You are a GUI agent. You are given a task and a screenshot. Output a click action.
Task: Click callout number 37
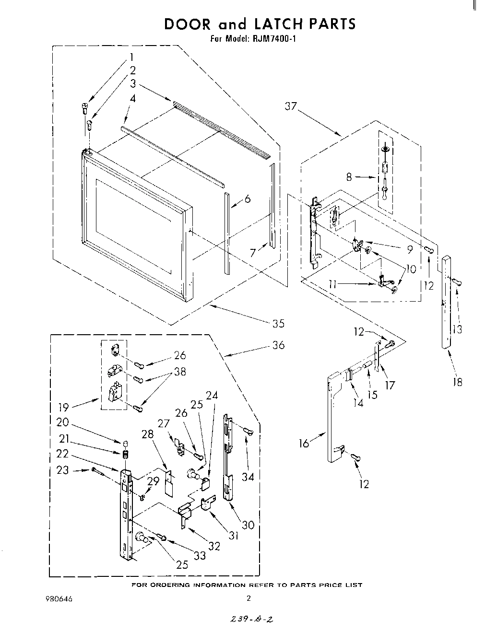point(291,106)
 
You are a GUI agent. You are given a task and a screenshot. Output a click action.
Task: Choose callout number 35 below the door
point(278,323)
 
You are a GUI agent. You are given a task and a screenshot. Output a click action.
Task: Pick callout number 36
point(278,345)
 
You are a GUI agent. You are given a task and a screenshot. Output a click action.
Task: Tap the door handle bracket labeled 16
point(331,417)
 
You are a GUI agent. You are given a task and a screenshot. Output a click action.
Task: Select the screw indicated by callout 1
point(84,108)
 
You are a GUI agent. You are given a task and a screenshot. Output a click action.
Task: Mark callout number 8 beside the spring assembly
point(349,177)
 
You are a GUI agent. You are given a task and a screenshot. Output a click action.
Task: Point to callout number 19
point(63,407)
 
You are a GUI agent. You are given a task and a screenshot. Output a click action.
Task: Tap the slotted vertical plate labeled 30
point(227,460)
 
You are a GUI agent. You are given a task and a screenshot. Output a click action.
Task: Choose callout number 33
point(200,555)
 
